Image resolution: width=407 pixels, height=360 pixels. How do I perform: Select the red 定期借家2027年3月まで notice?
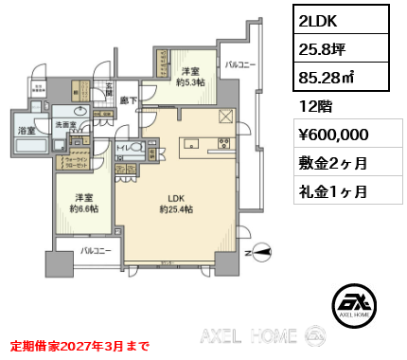(79, 346)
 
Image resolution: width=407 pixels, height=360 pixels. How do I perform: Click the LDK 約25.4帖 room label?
(176, 203)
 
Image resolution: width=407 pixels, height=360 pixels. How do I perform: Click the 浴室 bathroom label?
(25, 130)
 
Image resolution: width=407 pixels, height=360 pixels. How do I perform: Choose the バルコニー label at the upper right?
(240, 65)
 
